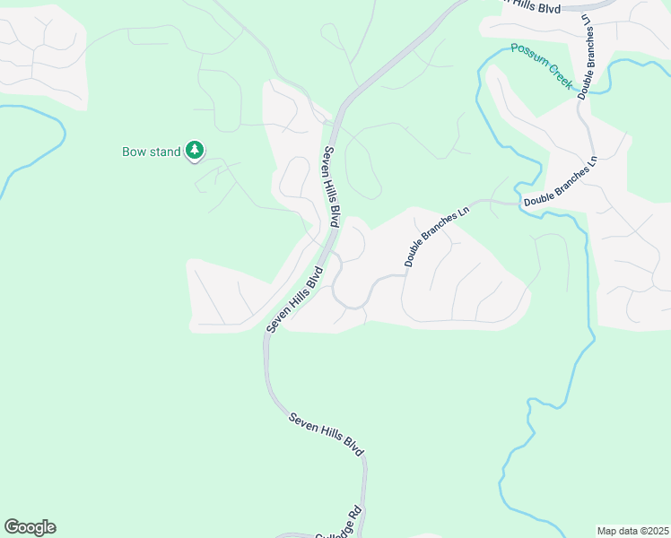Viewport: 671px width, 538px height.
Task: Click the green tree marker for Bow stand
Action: [x=195, y=151]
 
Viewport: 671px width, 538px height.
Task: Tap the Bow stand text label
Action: [x=152, y=152]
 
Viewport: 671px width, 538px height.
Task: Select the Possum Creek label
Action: [x=542, y=65]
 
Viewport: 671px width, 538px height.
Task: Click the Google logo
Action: [x=30, y=527]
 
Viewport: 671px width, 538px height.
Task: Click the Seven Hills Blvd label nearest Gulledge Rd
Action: [x=327, y=435]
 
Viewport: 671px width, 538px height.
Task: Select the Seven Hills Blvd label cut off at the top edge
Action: [x=528, y=6]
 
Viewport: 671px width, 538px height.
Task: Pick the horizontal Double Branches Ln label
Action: [x=561, y=197]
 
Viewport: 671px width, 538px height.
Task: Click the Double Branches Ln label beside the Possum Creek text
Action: [x=588, y=56]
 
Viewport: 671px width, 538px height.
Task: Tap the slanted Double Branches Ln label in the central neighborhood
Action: [x=437, y=238]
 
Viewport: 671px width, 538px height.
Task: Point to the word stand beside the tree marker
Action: [x=166, y=152]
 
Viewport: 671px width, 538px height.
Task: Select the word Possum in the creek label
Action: [x=528, y=56]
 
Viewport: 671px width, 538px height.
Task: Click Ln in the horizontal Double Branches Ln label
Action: [x=591, y=168]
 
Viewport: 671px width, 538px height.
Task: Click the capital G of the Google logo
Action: [x=12, y=526]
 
